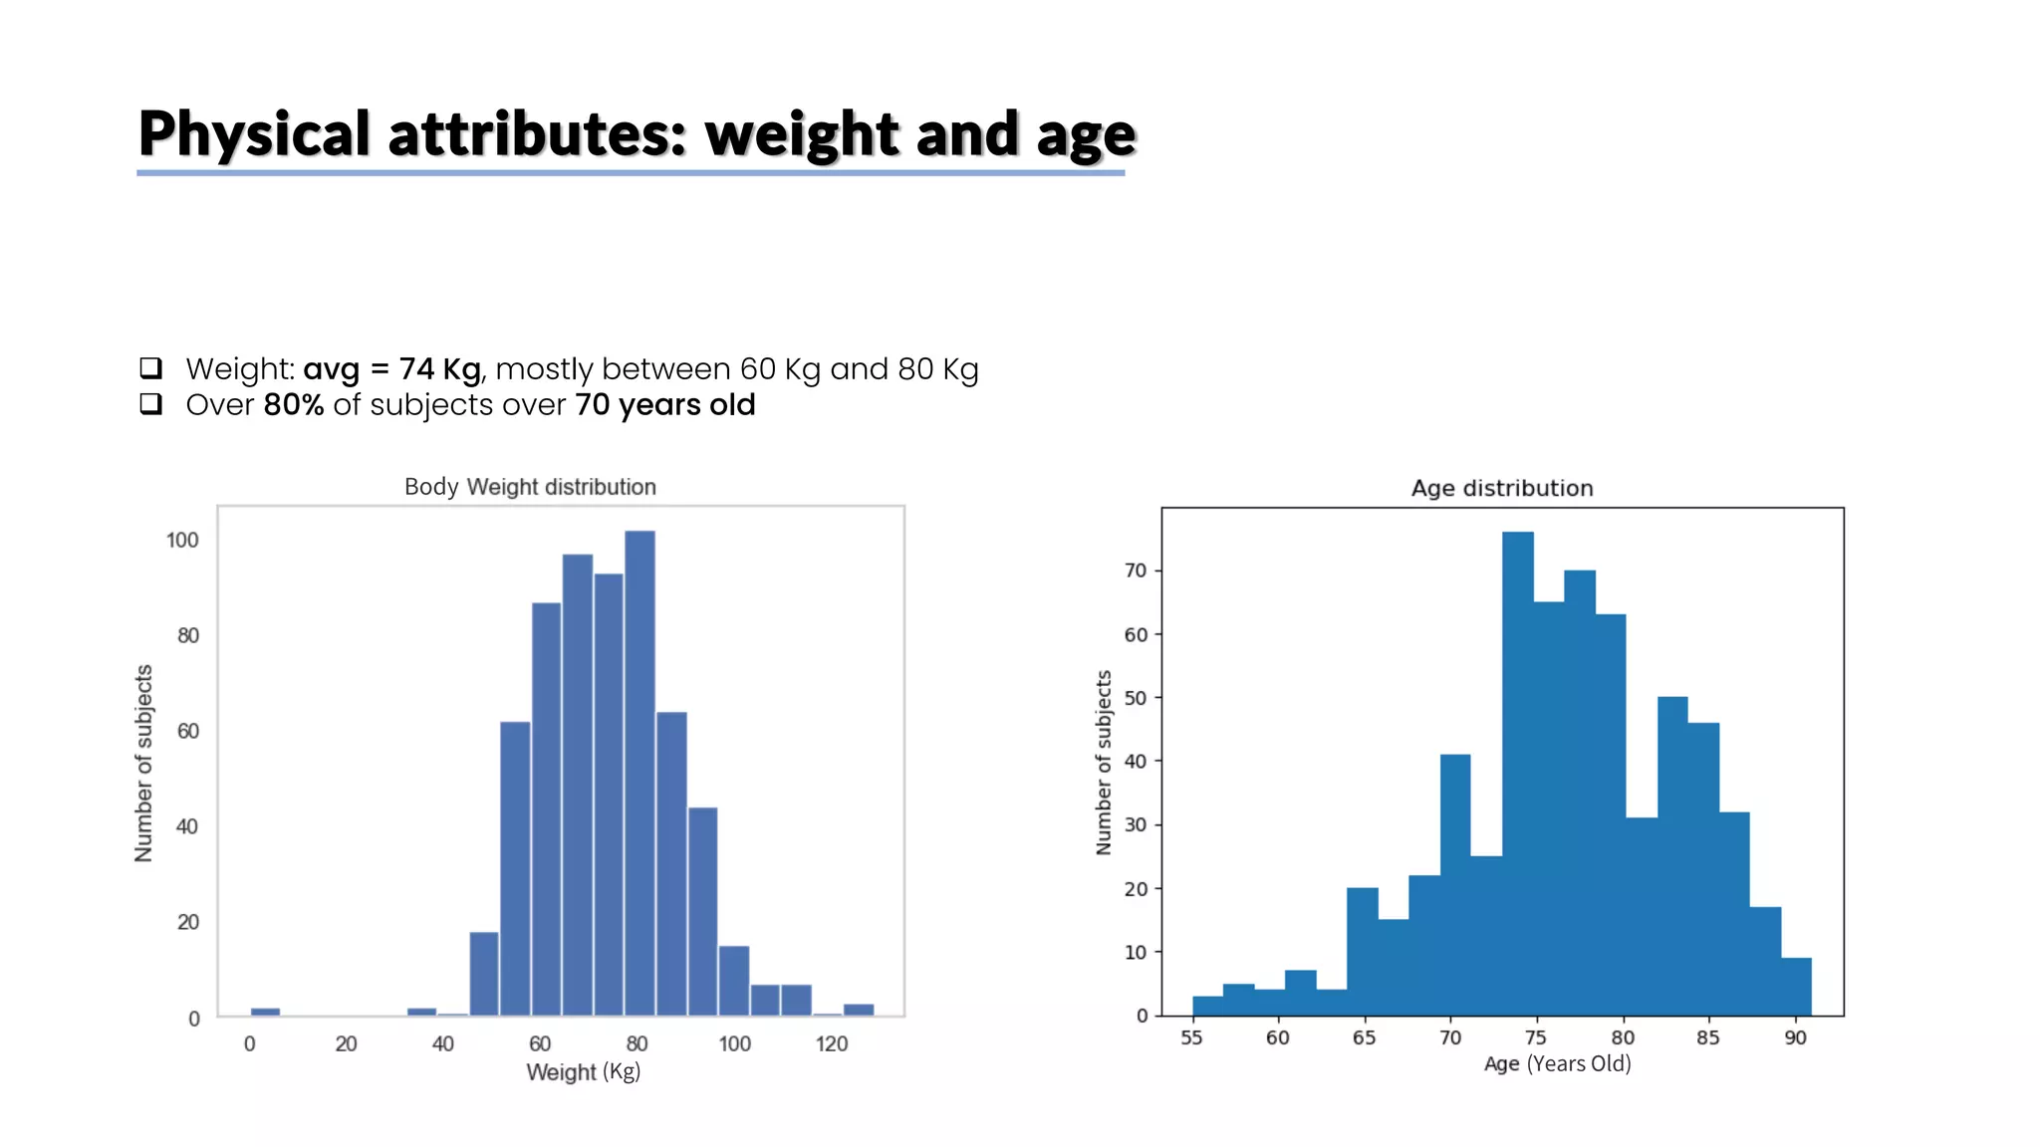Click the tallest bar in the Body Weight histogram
pos(639,777)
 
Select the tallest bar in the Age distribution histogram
pos(1517,777)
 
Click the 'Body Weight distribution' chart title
pos(530,487)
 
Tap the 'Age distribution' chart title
pos(1501,488)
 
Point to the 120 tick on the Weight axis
pos(831,1043)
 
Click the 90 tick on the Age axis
pos(1795,1037)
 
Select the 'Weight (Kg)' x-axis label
pos(583,1072)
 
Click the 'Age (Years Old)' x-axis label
pos(1557,1063)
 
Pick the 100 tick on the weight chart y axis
pos(182,540)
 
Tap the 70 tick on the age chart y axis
pos(1136,571)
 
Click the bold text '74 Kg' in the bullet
pos(439,369)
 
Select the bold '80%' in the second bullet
pos(294,405)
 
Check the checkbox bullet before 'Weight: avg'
pos(151,368)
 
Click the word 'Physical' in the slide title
pos(254,134)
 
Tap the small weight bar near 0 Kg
pos(265,1012)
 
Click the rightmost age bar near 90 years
pos(1796,987)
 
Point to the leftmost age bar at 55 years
pos(1207,1006)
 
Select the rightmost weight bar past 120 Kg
pos(859,1010)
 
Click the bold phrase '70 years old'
pos(664,405)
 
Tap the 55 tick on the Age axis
pos(1191,1037)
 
